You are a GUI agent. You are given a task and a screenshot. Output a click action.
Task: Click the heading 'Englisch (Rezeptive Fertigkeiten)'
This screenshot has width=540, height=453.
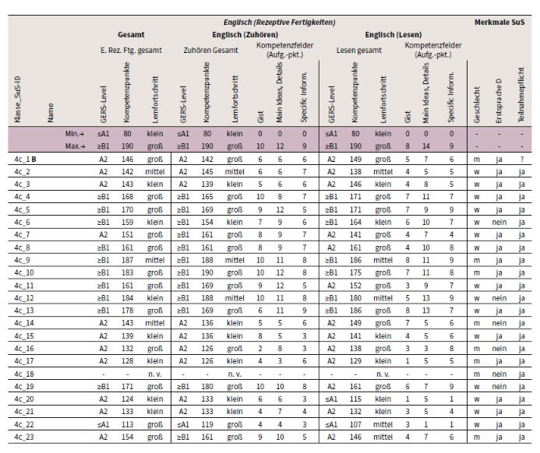279,23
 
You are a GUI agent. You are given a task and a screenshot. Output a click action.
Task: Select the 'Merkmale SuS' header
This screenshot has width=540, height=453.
499,23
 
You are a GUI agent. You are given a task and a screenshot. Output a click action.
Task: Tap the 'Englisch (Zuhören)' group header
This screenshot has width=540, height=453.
245,35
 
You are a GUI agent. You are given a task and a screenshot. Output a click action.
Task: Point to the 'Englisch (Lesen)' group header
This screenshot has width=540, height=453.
394,35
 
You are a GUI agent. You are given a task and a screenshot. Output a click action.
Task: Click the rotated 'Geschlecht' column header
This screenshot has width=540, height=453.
477,104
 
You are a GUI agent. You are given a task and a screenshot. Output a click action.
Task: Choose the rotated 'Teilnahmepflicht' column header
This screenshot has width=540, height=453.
521,95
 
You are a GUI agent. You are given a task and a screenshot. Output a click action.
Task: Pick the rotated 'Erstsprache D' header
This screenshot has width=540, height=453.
499,101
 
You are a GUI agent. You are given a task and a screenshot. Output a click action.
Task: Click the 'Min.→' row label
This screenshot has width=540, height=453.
75,134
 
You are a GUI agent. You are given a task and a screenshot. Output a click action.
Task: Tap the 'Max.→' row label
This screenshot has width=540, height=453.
76,146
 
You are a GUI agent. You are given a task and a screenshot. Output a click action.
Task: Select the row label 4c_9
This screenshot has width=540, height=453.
22,261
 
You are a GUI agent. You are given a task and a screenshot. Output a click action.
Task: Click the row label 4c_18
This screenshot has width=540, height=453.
24,374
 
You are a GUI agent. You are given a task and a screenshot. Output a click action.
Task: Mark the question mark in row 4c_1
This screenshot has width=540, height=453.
522,160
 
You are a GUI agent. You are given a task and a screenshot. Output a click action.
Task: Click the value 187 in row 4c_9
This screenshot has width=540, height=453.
127,260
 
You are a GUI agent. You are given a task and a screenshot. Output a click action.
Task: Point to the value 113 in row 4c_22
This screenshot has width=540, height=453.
127,424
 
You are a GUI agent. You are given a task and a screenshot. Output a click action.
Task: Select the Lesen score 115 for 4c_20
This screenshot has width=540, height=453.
355,399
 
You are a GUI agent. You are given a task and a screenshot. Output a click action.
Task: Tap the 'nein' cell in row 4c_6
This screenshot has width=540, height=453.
499,222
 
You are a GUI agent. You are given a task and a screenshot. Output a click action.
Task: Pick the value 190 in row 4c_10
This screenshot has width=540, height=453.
207,272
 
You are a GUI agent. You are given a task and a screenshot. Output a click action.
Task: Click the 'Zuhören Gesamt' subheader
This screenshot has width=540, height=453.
210,51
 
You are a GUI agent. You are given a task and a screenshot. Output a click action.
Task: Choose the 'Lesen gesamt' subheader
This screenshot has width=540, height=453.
359,51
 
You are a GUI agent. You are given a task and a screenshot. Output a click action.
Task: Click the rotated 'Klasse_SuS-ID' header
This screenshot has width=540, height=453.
18,100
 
